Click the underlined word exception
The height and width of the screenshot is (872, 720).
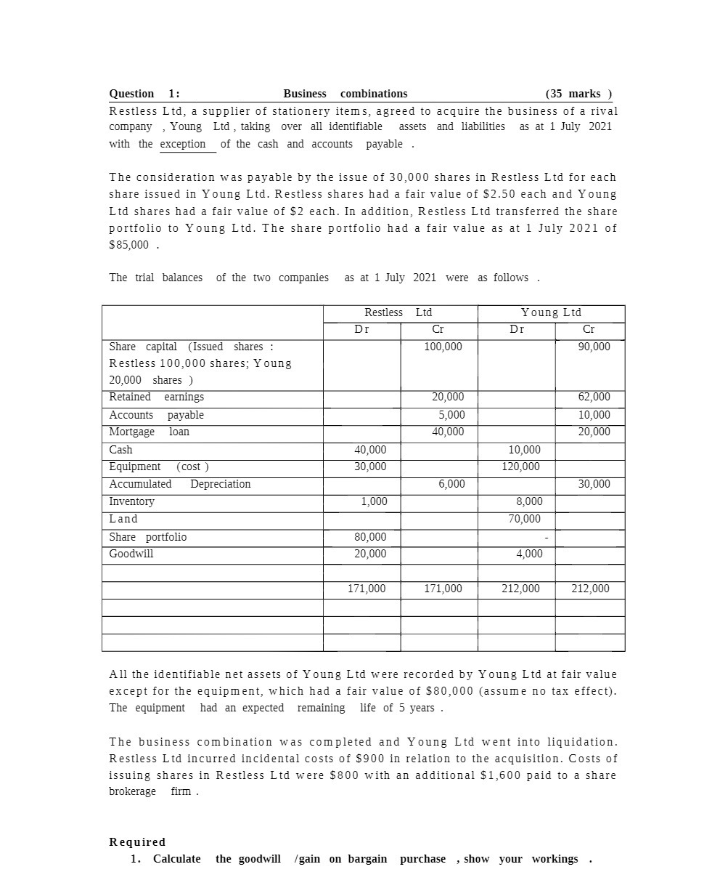click(x=183, y=144)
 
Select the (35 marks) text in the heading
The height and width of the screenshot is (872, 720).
click(x=578, y=94)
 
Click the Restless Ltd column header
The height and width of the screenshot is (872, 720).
click(x=398, y=312)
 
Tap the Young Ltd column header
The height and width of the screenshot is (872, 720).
click(x=551, y=312)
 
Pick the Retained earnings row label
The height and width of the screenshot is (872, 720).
click(x=156, y=397)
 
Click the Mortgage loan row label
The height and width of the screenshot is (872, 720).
click(x=149, y=432)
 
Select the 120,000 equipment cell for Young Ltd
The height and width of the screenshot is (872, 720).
click(x=520, y=467)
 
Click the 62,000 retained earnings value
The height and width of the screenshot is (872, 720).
click(x=594, y=397)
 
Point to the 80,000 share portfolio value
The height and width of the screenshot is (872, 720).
click(x=370, y=537)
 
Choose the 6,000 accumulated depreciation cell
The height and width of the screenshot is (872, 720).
click(x=451, y=484)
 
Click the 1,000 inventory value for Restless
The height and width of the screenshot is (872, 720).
click(x=375, y=501)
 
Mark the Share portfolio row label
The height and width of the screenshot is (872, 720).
click(x=147, y=537)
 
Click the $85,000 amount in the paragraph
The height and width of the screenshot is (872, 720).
click(x=128, y=245)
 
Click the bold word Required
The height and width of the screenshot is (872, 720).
click(x=137, y=842)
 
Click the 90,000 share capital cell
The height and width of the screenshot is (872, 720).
click(x=594, y=347)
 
